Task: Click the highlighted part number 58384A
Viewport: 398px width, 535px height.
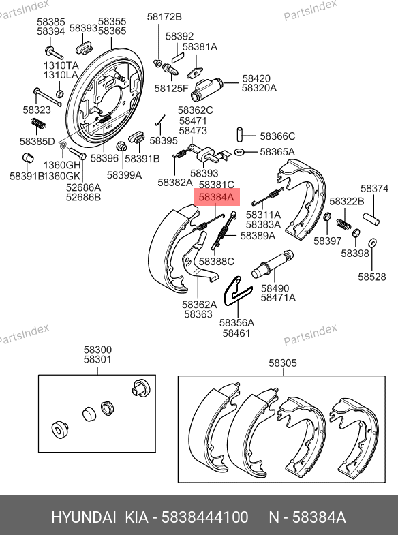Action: (x=217, y=197)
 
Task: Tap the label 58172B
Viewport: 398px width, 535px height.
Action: (x=164, y=17)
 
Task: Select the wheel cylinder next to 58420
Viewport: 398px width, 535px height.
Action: (x=206, y=89)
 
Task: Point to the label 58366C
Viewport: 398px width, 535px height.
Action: (x=277, y=136)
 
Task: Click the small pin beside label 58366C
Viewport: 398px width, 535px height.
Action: (x=241, y=134)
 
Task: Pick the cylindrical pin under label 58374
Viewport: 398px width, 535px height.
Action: (x=371, y=219)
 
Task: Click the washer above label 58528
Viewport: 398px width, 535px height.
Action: (x=372, y=243)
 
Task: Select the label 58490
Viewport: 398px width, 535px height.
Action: (x=275, y=288)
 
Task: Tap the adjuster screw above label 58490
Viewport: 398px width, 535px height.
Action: (x=272, y=264)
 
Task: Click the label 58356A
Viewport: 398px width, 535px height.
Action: (x=236, y=323)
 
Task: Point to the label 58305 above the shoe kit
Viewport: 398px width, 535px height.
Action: (x=283, y=363)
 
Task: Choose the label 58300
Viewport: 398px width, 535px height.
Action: (x=97, y=350)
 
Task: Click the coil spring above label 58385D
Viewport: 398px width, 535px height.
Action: (x=39, y=123)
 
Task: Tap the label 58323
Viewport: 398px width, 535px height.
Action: (x=37, y=110)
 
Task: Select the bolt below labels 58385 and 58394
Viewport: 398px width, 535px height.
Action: (x=54, y=52)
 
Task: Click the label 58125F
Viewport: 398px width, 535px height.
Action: (x=171, y=89)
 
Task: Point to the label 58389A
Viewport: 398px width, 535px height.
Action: (x=258, y=236)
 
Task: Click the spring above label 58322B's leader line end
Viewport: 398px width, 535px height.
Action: (x=343, y=224)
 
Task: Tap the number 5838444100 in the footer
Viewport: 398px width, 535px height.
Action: (x=204, y=517)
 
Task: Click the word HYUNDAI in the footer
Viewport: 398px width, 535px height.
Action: (x=84, y=517)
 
